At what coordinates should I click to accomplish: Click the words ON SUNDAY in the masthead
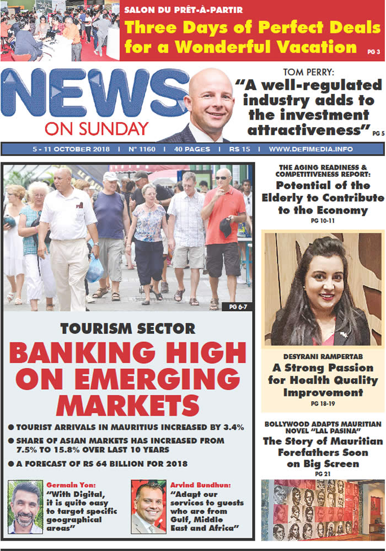point(96,129)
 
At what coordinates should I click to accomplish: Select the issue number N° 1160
point(142,149)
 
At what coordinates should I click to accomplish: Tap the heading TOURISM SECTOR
point(127,329)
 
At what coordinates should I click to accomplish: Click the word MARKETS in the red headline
point(127,405)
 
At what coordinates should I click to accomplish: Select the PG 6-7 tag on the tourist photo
point(237,305)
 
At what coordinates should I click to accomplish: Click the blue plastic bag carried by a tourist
point(94,269)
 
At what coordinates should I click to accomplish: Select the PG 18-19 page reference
point(323,404)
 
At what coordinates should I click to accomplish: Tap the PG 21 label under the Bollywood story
point(323,473)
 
